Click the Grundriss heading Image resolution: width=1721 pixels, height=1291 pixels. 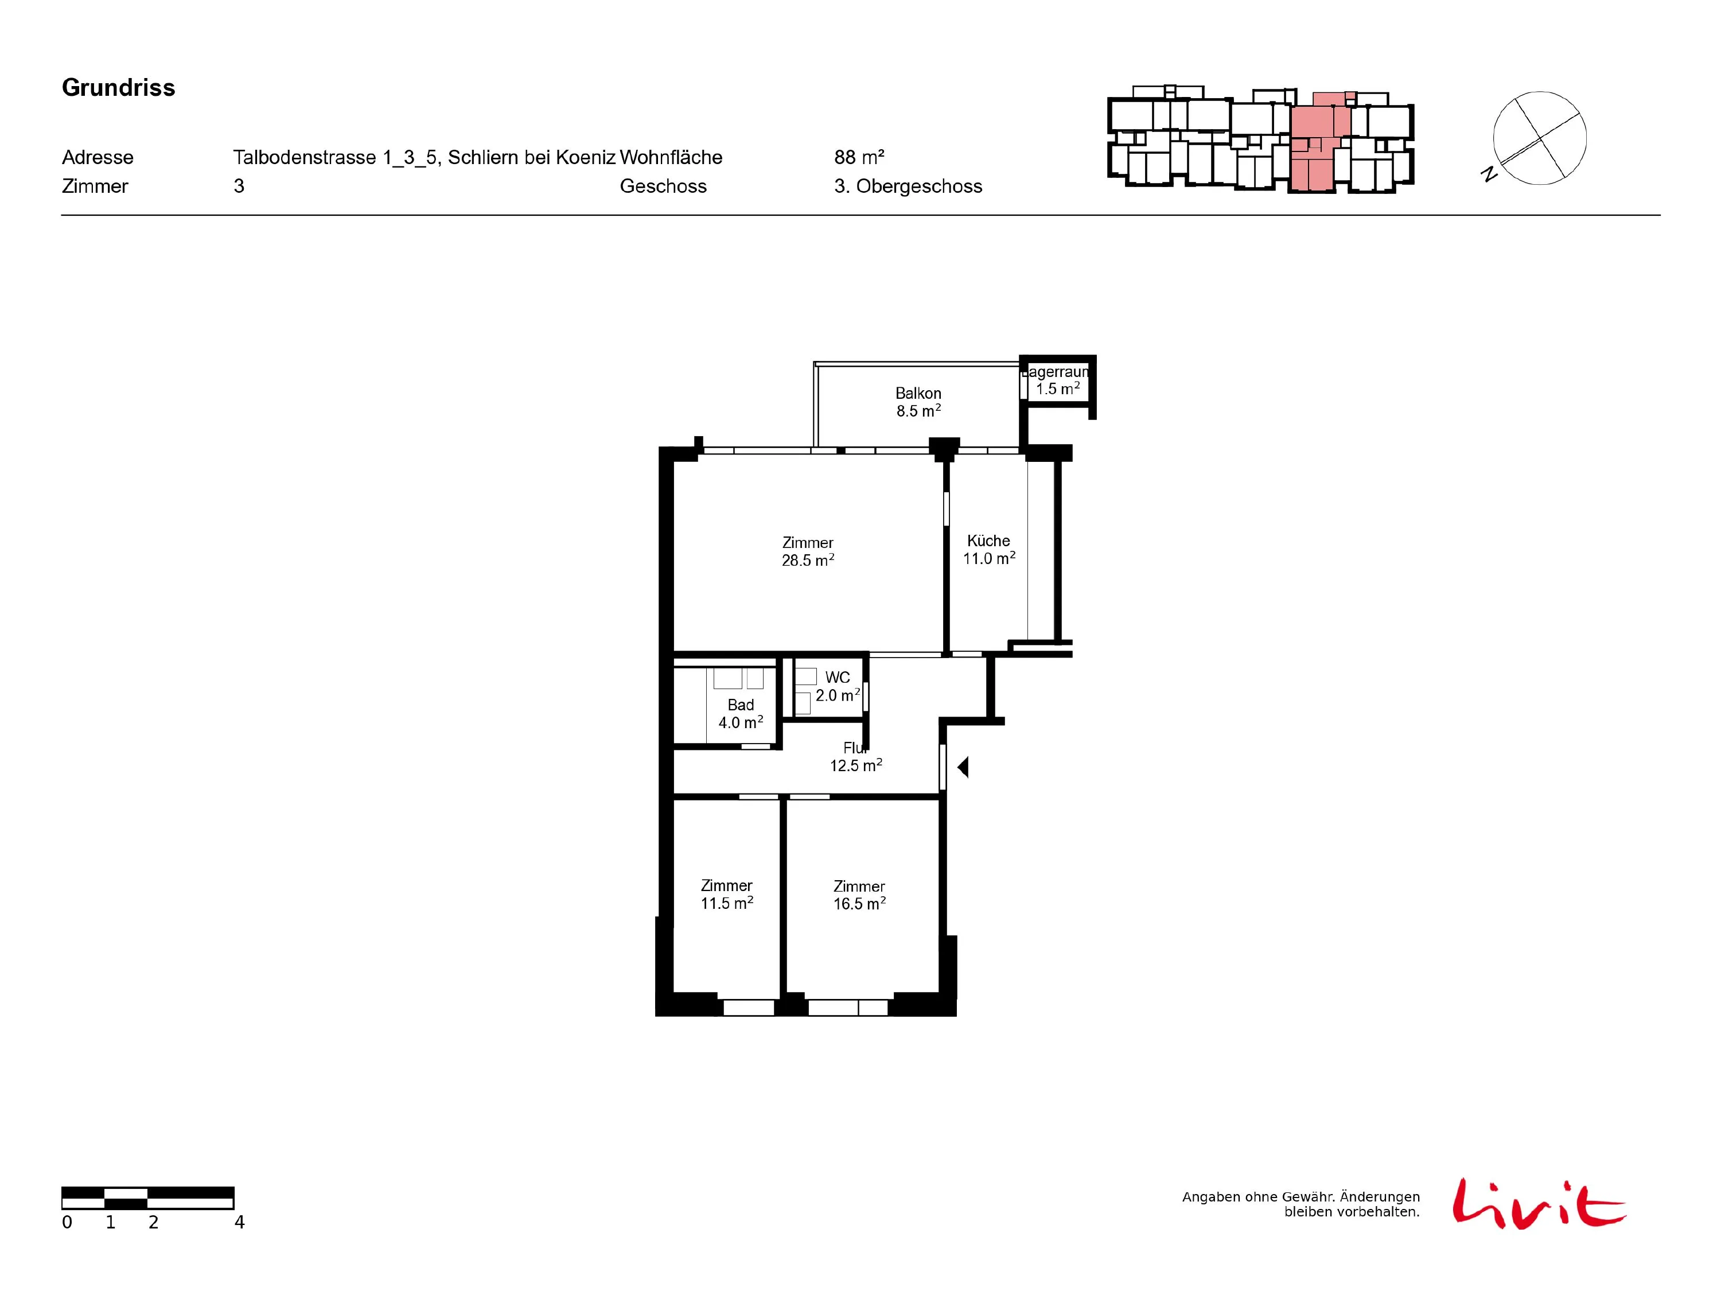coord(118,88)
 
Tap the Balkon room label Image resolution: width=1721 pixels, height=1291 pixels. coord(918,394)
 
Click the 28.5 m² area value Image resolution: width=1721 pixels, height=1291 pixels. coord(808,560)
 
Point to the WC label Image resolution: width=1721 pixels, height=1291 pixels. coord(838,678)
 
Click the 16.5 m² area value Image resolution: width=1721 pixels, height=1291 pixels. coord(860,904)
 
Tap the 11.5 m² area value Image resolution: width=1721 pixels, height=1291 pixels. coord(727,903)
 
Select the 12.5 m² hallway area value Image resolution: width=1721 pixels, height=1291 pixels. coord(856,765)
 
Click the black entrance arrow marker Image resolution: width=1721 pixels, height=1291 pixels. coord(963,767)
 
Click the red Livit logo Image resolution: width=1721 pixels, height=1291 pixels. coord(1539,1203)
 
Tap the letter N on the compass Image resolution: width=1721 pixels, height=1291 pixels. coord(1489,174)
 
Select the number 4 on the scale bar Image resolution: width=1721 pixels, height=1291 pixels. coord(240,1223)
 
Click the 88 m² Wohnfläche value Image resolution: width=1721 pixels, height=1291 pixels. coord(859,157)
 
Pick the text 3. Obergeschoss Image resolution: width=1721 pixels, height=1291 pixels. coord(908,186)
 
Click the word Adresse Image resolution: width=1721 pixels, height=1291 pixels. coord(98,157)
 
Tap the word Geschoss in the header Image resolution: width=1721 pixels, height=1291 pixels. coord(664,186)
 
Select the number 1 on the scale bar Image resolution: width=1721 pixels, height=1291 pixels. coord(111,1223)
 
